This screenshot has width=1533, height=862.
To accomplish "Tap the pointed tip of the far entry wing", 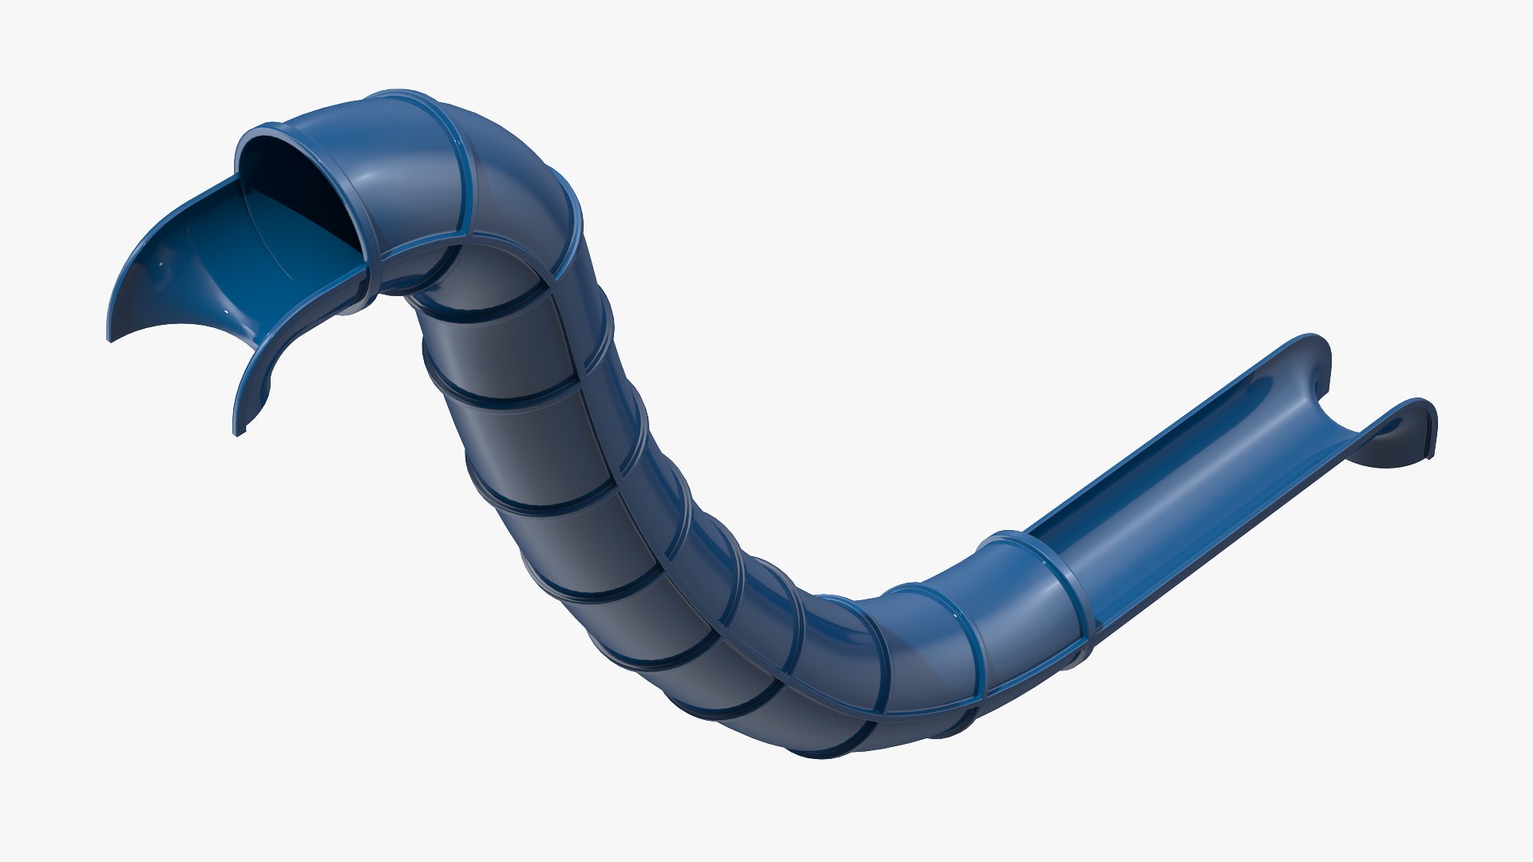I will pos(110,338).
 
